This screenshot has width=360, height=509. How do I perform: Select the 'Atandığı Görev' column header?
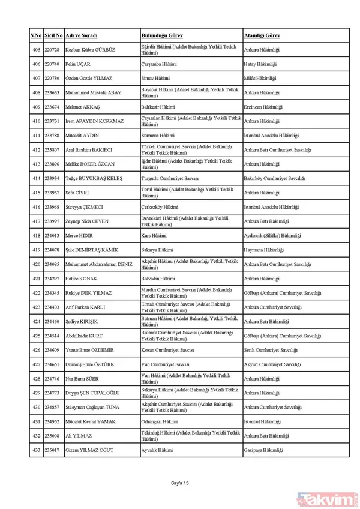pyautogui.click(x=263, y=35)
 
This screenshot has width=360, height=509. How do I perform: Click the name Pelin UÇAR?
pyautogui.click(x=78, y=64)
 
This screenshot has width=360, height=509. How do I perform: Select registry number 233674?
pyautogui.click(x=52, y=106)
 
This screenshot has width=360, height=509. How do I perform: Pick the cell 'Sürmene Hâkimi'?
pyautogui.click(x=158, y=136)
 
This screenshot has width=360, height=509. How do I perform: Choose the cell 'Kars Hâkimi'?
pyautogui.click(x=154, y=235)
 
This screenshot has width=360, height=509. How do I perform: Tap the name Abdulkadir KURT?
pyautogui.click(x=84, y=336)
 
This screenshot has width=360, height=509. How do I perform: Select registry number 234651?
pyautogui.click(x=52, y=364)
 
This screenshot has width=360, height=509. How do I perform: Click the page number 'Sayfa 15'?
pyautogui.click(x=179, y=483)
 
